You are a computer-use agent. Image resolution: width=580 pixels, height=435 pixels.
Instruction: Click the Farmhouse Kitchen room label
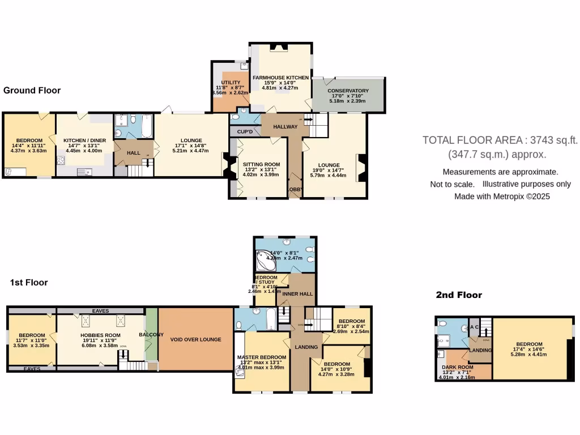(x=280, y=78)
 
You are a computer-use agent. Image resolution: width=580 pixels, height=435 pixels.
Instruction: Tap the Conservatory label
(x=349, y=91)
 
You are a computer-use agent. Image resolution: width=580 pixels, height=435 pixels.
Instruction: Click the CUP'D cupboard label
(x=245, y=131)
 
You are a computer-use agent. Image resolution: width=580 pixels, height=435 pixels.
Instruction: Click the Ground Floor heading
(x=32, y=90)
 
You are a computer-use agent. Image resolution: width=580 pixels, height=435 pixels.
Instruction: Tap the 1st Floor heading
(x=29, y=282)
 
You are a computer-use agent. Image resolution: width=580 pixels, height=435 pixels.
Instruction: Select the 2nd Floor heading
(x=459, y=295)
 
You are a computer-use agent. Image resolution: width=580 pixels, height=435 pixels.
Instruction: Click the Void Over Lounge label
(x=196, y=339)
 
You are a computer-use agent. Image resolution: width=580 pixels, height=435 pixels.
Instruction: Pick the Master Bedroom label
(x=261, y=356)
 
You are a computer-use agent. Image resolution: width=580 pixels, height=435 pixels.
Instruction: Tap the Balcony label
(x=151, y=335)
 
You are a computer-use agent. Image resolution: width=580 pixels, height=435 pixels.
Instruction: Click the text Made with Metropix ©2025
(x=502, y=197)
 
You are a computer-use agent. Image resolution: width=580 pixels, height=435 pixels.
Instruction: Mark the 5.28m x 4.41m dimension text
(x=529, y=355)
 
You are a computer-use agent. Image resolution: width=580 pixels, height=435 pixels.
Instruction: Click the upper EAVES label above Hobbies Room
(x=101, y=311)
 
